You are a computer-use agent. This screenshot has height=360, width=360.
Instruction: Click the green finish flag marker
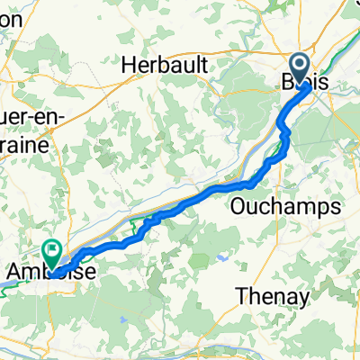click(x=52, y=255)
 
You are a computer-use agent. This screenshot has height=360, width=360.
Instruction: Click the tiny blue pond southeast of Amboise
click(x=121, y=321)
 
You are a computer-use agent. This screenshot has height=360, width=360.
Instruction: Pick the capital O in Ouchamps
click(x=242, y=206)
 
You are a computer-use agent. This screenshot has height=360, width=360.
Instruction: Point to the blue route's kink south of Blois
click(x=285, y=132)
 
